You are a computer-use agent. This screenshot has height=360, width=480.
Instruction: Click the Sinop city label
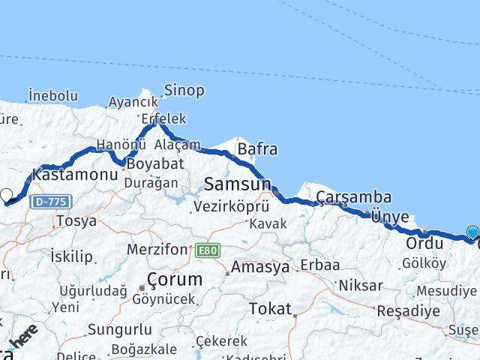(184, 91)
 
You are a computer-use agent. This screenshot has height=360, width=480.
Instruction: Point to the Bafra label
(257, 149)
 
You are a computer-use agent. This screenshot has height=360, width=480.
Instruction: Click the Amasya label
(259, 267)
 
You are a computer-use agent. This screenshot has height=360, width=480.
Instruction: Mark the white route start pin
(6, 196)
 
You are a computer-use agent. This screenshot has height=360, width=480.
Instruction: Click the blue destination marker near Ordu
(472, 233)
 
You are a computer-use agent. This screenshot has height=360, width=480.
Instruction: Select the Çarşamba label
(353, 197)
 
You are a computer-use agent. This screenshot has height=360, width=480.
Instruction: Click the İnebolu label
(52, 95)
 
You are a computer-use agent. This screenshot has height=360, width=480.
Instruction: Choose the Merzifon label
(157, 248)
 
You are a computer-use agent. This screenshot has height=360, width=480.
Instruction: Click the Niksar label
(360, 285)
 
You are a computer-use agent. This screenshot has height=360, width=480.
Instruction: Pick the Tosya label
(76, 221)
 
